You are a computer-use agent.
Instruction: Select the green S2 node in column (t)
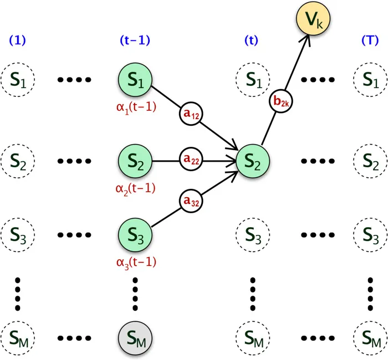click(x=253, y=161)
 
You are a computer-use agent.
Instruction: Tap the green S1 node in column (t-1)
click(x=136, y=83)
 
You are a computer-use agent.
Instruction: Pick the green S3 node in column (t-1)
click(x=136, y=237)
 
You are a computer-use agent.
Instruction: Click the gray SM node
click(x=136, y=336)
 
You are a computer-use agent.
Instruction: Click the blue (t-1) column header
click(x=136, y=41)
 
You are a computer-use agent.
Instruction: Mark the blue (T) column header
click(x=368, y=41)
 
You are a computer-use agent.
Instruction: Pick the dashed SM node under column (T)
click(x=368, y=336)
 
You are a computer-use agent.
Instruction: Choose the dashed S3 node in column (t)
click(x=253, y=237)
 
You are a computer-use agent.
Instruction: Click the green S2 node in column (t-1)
click(x=136, y=161)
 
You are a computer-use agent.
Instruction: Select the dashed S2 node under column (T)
click(x=368, y=161)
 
